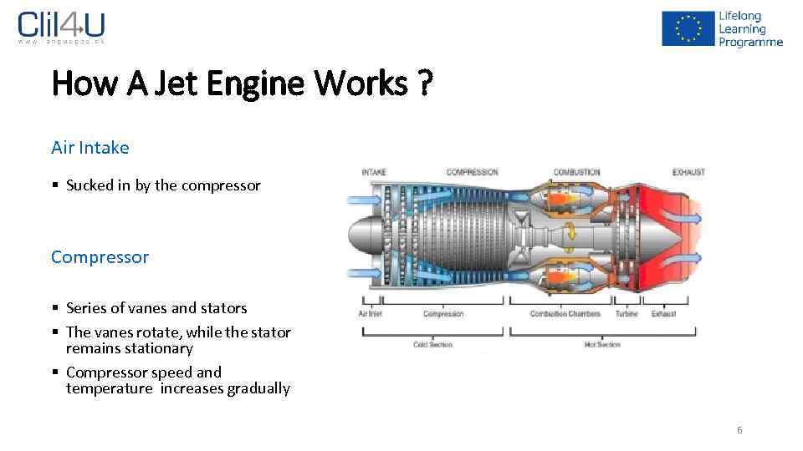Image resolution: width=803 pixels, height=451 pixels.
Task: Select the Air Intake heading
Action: pos(90,148)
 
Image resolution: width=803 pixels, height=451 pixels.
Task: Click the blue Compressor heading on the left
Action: pos(100,257)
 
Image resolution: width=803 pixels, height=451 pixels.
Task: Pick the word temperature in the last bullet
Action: pos(109,388)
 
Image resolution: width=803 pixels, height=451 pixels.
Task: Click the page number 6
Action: pos(739,430)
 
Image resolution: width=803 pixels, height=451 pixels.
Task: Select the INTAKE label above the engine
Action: pos(374,173)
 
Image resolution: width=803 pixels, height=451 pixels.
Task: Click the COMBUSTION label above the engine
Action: pos(576,173)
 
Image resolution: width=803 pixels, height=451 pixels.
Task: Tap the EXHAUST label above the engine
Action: pos(688,173)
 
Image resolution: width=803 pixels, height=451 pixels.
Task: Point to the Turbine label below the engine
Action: pos(626,314)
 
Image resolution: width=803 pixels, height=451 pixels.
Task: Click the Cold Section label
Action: pos(432,345)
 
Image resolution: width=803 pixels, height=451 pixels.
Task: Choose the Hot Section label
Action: pos(603,345)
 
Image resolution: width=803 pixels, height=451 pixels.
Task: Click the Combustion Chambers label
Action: pos(565,314)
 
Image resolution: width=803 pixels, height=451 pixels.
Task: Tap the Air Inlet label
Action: pos(370,314)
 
